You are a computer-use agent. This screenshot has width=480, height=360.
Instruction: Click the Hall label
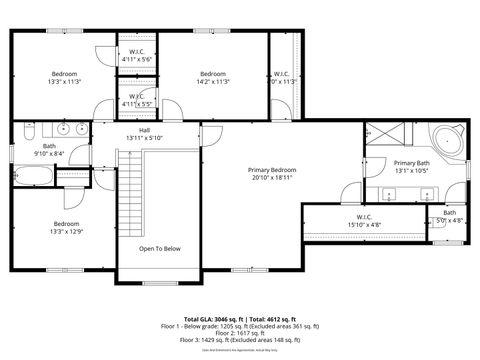(x=145, y=130)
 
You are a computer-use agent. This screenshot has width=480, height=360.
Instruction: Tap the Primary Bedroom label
(x=272, y=170)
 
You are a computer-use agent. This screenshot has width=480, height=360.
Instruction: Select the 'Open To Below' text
(x=160, y=248)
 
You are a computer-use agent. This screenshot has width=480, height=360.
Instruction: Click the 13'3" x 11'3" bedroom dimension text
(x=66, y=82)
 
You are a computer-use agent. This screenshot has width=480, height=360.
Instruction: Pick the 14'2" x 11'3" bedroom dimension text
(x=213, y=82)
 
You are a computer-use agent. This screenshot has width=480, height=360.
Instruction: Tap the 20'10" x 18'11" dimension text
(x=272, y=178)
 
